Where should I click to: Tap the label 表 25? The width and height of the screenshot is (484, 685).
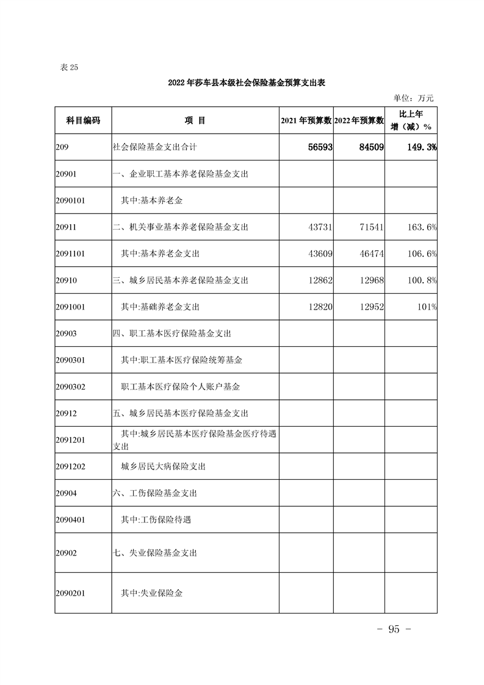69,68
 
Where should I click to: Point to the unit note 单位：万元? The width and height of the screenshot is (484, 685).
413,98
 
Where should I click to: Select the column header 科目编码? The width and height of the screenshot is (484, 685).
82,120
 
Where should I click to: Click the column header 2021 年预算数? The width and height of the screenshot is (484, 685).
306,120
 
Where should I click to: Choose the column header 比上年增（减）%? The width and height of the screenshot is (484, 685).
411,120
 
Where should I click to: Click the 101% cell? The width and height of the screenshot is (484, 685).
425,307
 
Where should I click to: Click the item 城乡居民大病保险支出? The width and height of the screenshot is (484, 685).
163,466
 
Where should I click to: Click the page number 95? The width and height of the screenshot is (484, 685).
394,629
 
